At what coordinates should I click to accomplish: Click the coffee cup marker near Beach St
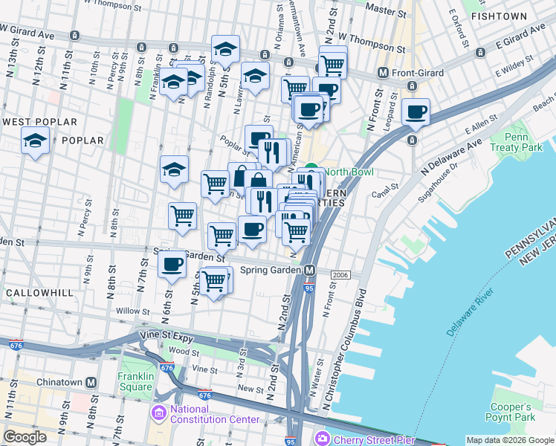(x=416, y=112)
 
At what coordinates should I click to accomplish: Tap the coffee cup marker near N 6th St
(x=172, y=264)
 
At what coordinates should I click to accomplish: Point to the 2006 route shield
(x=340, y=275)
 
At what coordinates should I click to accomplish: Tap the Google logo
(x=25, y=437)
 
